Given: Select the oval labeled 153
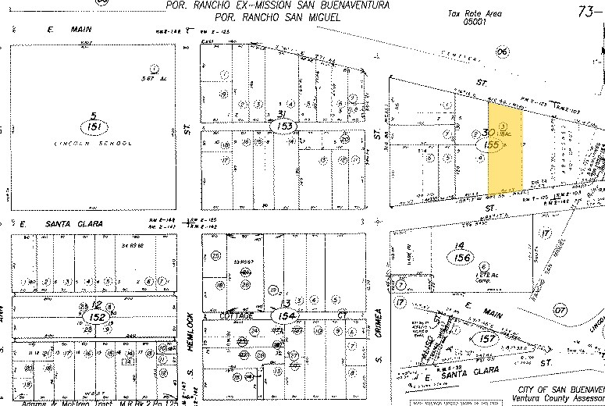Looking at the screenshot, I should click(x=286, y=125).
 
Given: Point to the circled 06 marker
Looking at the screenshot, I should click(x=502, y=52).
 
